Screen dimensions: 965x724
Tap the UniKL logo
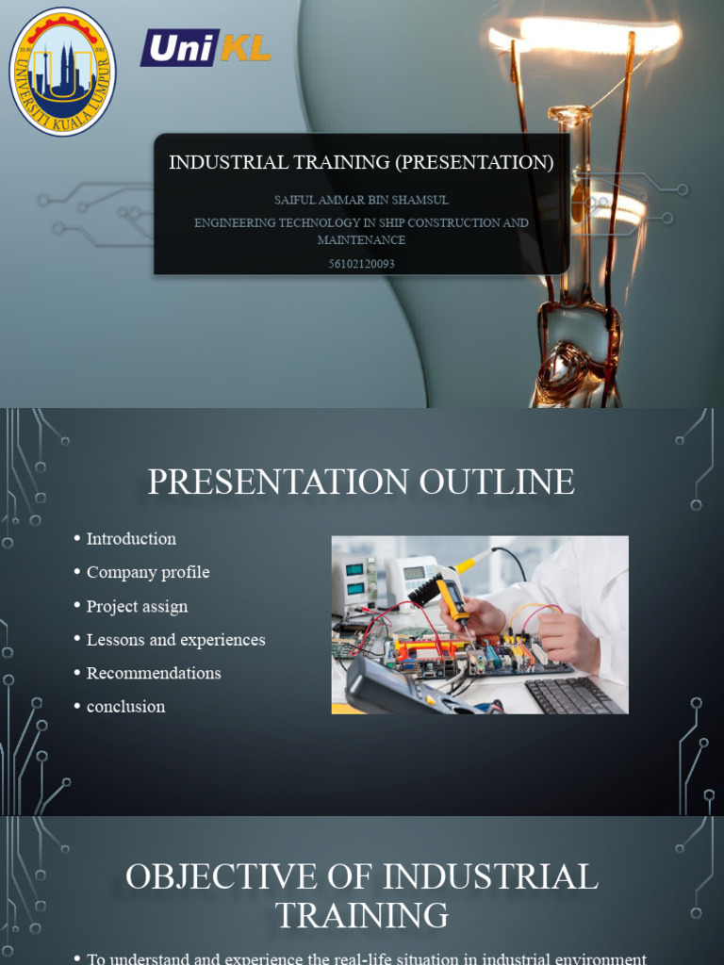click(206, 48)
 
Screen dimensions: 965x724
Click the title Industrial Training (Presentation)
click(361, 162)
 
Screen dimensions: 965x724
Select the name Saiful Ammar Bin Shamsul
click(361, 200)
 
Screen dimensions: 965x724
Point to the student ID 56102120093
click(361, 264)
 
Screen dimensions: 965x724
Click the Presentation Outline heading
click(361, 482)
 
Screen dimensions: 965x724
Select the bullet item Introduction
click(131, 539)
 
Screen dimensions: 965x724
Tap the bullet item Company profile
click(148, 572)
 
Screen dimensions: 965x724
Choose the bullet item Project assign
click(137, 606)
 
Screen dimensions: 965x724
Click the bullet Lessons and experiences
click(175, 640)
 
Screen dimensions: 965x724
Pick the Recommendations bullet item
click(154, 673)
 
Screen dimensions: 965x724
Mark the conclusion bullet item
click(125, 707)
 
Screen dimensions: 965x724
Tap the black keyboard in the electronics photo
click(573, 695)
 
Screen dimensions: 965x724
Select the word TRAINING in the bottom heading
click(362, 915)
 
